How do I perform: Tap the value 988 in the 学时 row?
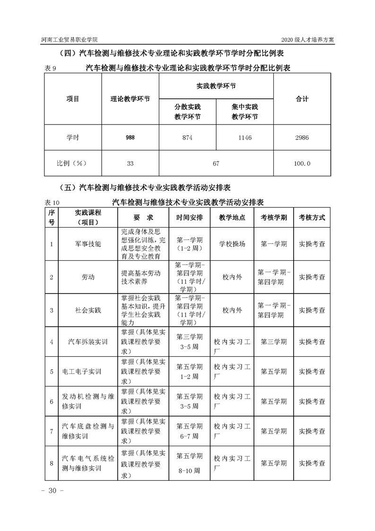click(x=130, y=138)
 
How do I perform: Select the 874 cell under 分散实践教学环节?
click(x=187, y=138)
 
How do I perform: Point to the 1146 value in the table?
click(x=245, y=138)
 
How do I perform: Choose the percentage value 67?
click(x=216, y=163)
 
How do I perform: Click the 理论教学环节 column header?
click(x=130, y=99)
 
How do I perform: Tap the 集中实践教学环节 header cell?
click(x=245, y=112)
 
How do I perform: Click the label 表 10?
click(x=52, y=202)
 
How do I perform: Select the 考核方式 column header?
click(x=312, y=218)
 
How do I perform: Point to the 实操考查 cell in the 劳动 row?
click(x=312, y=277)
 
